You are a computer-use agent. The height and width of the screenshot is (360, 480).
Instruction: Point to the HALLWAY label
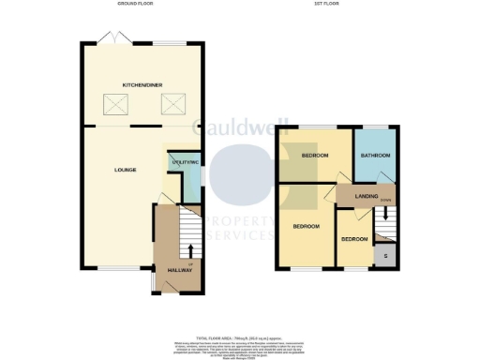(x=179, y=270)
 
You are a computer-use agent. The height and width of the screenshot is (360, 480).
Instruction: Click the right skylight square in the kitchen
(x=173, y=105)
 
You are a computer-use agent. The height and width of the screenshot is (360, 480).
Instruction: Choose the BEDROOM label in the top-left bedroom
(x=314, y=155)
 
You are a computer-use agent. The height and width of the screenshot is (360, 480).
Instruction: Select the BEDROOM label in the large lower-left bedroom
(x=306, y=227)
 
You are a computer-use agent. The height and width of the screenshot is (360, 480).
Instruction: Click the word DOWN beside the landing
(x=385, y=200)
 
